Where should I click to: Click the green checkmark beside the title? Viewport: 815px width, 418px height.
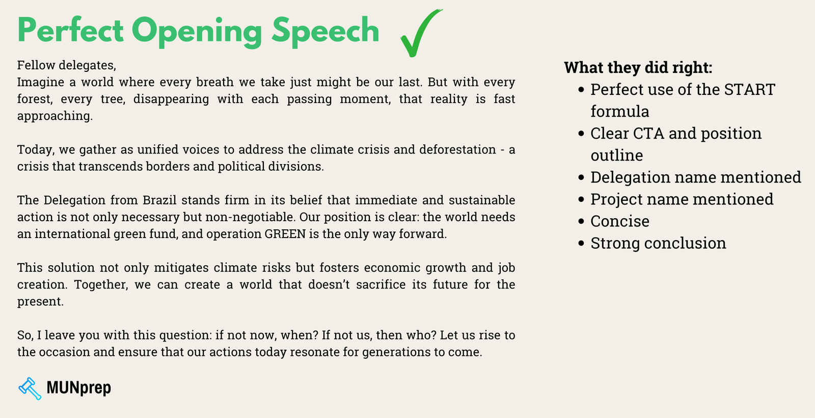(420, 33)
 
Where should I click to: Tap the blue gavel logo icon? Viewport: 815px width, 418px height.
(30, 388)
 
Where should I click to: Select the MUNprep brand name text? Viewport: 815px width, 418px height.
(78, 388)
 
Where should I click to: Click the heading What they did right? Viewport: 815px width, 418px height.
(638, 68)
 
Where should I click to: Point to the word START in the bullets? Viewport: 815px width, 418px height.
(749, 90)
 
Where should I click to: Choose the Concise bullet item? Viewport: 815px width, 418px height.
(620, 221)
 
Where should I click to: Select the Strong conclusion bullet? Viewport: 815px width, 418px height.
(658, 243)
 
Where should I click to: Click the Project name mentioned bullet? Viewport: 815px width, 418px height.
(682, 199)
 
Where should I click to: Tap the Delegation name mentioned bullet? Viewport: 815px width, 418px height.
(695, 177)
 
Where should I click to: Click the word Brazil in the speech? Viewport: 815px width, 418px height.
(159, 200)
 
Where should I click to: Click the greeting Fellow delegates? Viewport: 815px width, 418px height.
(67, 65)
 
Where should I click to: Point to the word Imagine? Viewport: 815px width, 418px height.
(40, 83)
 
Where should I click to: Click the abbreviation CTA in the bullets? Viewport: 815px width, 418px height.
(648, 134)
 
